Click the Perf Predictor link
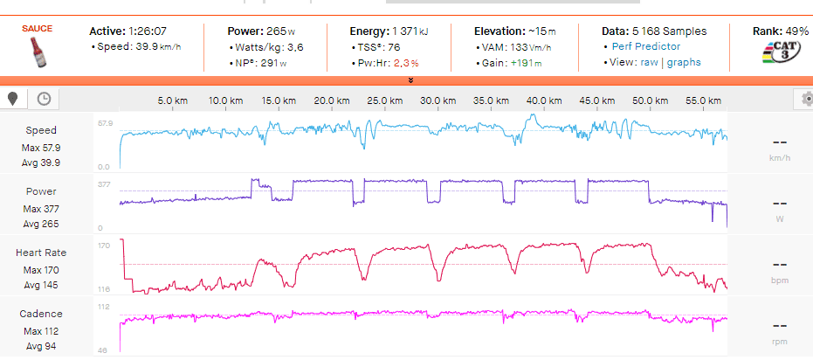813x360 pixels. tap(645, 45)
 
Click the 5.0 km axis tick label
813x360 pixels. tap(172, 100)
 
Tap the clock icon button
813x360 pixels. tap(43, 99)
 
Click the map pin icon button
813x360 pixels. tap(13, 99)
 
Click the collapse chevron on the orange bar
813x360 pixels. tap(410, 80)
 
